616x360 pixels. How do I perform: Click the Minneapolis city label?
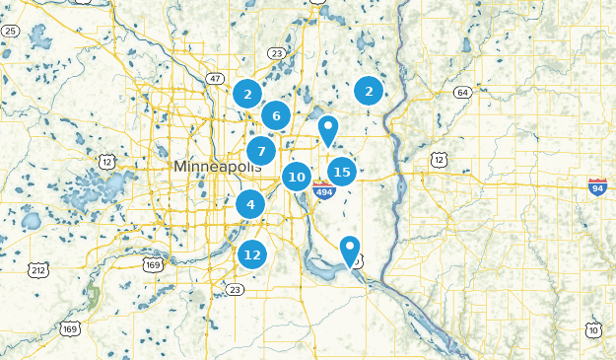click(x=218, y=167)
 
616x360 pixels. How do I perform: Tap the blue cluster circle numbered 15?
click(x=342, y=172)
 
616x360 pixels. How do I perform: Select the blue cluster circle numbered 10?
click(x=296, y=178)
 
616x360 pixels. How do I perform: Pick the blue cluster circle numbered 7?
click(x=261, y=152)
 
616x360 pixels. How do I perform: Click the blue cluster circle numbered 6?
click(x=276, y=115)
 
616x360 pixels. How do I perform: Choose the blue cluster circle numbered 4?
click(x=250, y=205)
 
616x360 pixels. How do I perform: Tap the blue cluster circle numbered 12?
click(x=252, y=254)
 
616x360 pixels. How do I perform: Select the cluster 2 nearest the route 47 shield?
click(x=247, y=95)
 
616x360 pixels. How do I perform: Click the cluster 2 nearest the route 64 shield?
click(x=369, y=92)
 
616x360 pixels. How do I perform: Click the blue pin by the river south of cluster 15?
click(x=350, y=251)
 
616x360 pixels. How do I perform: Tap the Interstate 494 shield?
click(x=324, y=190)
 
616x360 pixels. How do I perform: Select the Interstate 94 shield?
click(x=596, y=185)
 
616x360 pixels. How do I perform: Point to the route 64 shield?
click(x=462, y=93)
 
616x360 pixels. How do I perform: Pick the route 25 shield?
click(x=10, y=31)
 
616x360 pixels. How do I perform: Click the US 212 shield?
click(x=38, y=269)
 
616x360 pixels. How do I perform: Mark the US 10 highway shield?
click(x=591, y=328)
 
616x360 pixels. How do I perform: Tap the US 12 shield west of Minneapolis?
click(x=106, y=161)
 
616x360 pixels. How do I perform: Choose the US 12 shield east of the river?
click(x=440, y=159)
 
